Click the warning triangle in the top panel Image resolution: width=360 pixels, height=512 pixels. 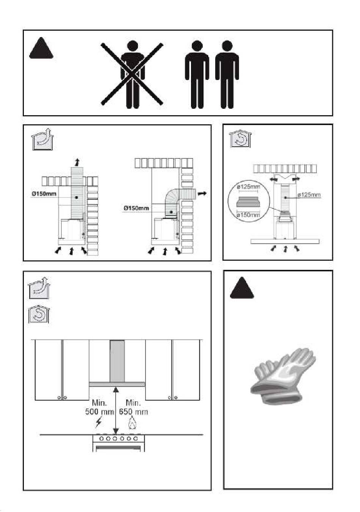point(41,48)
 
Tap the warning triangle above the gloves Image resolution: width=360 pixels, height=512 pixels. point(242,288)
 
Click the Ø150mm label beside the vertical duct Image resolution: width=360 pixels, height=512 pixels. point(44,194)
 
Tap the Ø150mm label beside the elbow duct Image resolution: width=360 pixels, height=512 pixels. point(136,208)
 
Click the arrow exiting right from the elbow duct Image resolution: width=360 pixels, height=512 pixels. point(202,194)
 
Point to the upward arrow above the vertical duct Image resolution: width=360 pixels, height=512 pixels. point(77,162)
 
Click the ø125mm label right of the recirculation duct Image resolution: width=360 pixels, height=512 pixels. point(309,195)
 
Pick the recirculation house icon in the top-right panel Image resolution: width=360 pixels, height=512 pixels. point(240,139)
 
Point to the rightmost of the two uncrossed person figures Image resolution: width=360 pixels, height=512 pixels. point(227,75)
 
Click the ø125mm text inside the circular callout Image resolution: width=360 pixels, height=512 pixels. point(249,187)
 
